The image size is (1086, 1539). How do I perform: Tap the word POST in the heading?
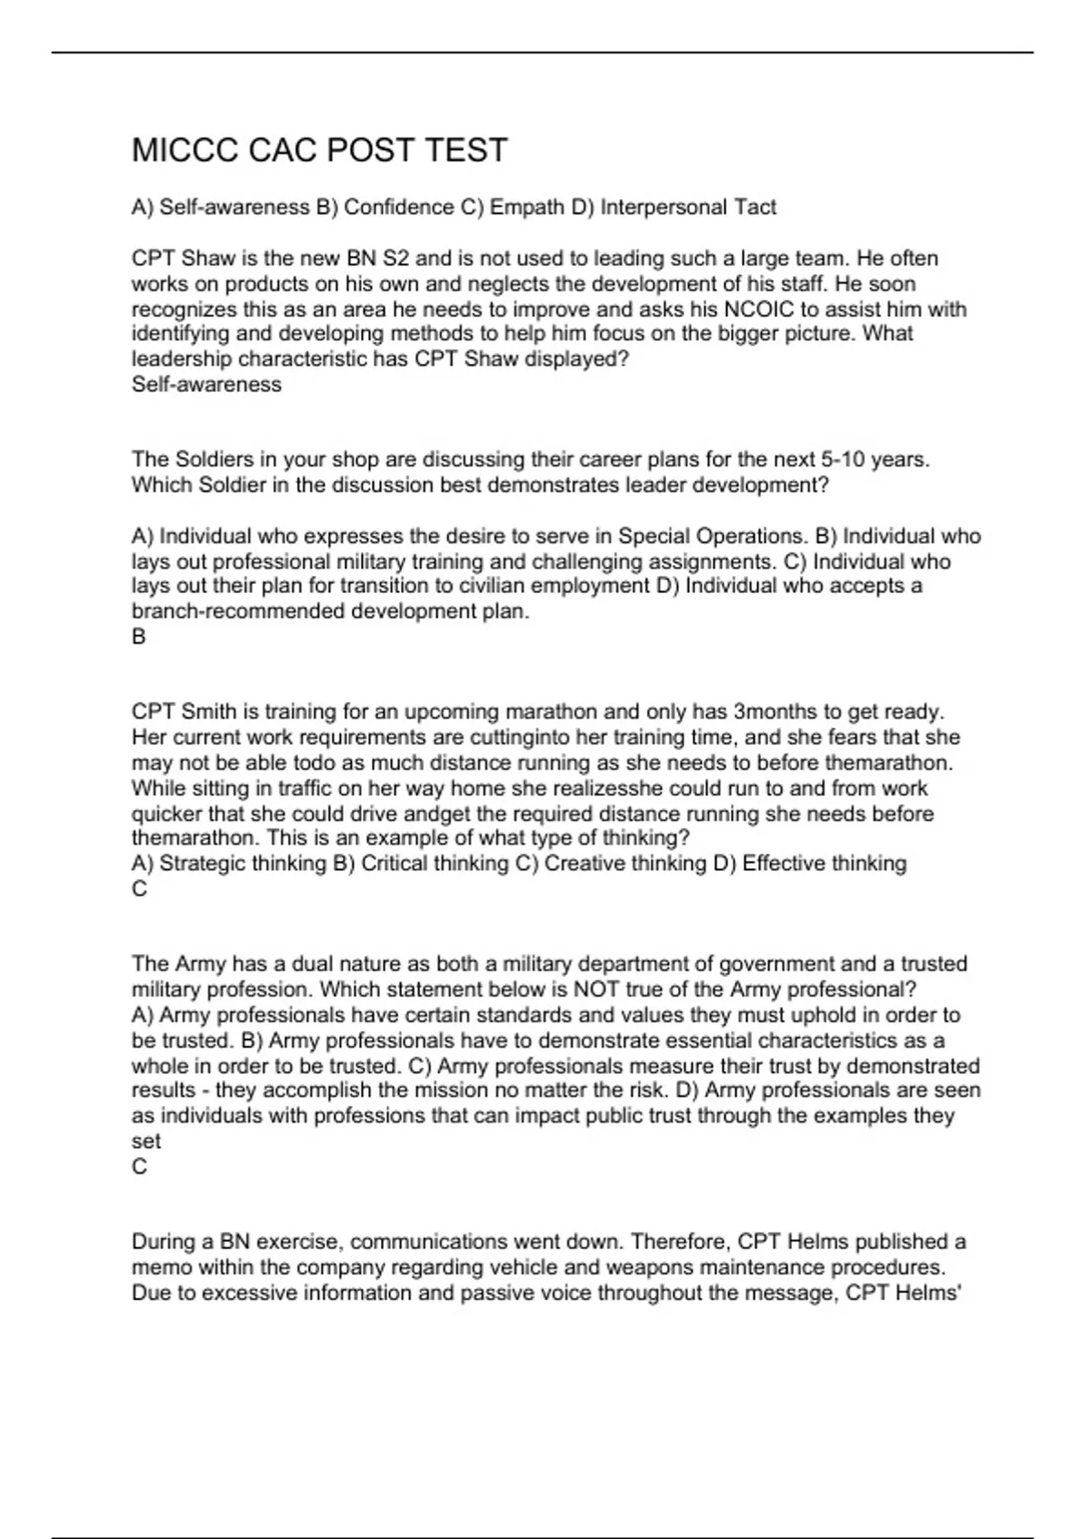tap(371, 150)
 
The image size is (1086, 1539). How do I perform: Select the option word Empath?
tap(527, 207)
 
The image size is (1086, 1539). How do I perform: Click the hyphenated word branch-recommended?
tap(238, 611)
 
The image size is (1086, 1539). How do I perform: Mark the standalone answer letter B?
tap(138, 636)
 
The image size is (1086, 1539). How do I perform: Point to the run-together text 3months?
tap(773, 712)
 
